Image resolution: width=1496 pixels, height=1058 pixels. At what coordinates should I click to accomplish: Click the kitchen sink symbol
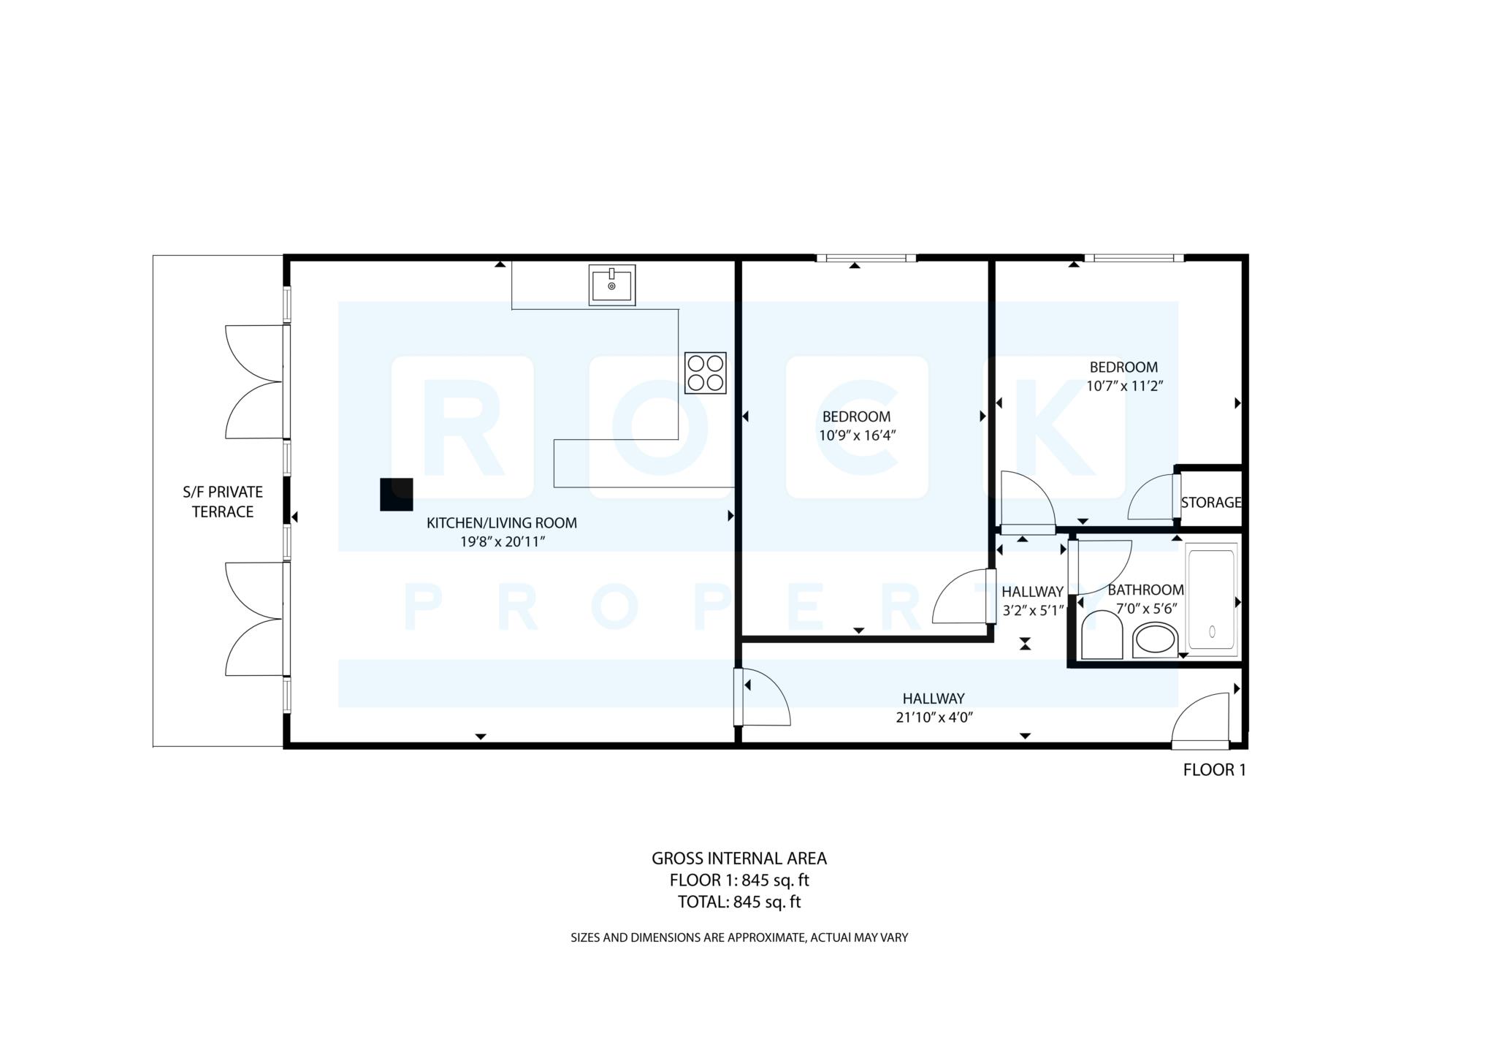[x=611, y=285]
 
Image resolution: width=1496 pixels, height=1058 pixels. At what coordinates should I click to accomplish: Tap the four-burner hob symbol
[x=705, y=373]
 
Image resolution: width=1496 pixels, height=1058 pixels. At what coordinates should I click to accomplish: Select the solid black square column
[x=396, y=494]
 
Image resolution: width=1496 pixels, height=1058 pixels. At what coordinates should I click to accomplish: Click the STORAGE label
[x=1210, y=502]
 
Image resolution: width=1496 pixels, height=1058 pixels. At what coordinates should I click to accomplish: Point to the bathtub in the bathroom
[x=1211, y=599]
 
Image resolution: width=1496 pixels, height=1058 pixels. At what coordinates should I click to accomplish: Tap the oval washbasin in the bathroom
[x=1155, y=641]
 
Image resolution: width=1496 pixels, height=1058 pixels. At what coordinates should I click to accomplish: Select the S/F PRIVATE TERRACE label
[x=222, y=501]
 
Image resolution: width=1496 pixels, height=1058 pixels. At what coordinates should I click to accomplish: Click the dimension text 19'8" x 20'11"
[x=503, y=541]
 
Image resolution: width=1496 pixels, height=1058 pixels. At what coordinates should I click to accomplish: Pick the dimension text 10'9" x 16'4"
[x=856, y=435]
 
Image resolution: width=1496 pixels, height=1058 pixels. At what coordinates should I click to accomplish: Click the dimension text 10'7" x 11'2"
[x=1123, y=386]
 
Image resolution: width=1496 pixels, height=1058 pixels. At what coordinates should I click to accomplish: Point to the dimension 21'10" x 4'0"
[x=934, y=717]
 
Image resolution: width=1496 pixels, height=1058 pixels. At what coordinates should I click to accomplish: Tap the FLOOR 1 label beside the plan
[x=1213, y=769]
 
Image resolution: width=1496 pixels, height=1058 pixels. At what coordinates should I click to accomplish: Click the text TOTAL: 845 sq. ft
[x=739, y=902]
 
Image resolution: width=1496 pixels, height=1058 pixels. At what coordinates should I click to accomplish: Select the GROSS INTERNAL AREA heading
[x=739, y=858]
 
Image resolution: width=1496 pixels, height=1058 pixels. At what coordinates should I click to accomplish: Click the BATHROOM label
[x=1145, y=590]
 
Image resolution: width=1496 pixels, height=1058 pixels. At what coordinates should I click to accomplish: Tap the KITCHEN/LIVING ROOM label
[x=501, y=522]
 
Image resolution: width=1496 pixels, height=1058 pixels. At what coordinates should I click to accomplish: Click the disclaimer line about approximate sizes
[x=739, y=937]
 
